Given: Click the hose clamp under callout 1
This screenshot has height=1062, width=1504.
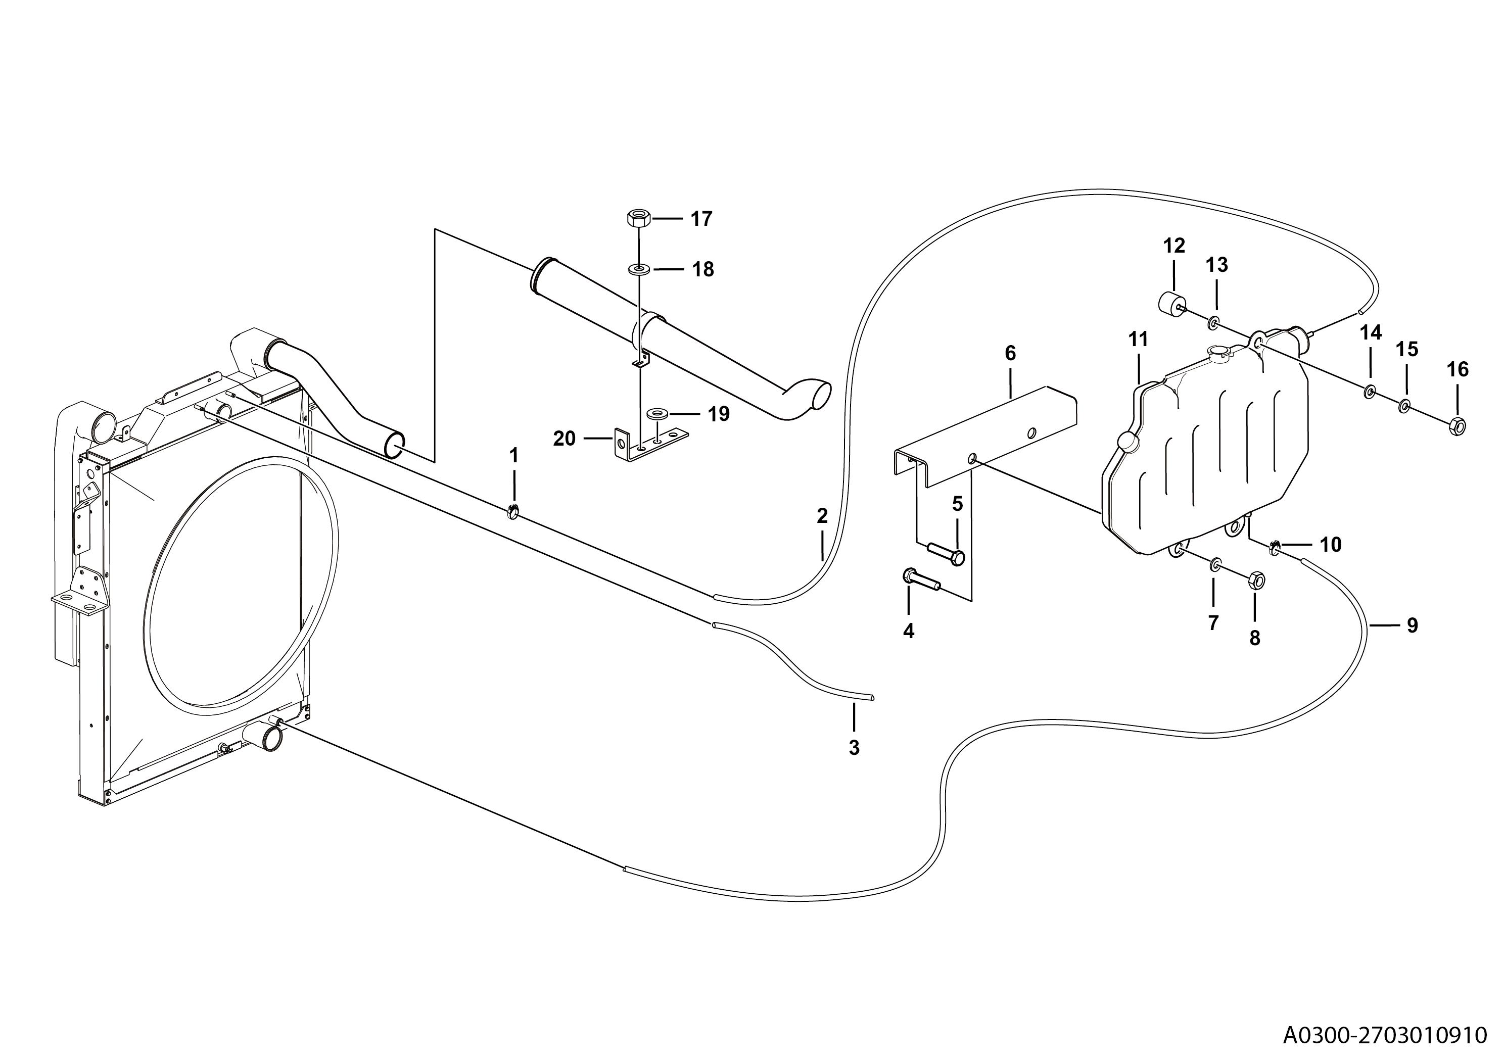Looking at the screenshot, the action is pyautogui.click(x=513, y=511).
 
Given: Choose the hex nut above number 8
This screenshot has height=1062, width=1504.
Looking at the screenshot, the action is pyautogui.click(x=1256, y=580).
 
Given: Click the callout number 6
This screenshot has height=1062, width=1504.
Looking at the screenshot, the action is pyautogui.click(x=1010, y=354).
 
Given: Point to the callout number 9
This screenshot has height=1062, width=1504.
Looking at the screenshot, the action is pyautogui.click(x=1413, y=626).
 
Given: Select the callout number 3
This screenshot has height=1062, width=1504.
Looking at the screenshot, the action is pyautogui.click(x=854, y=748).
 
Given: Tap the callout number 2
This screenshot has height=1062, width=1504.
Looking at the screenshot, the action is pyautogui.click(x=822, y=516).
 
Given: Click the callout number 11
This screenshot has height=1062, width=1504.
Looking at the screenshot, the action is pyautogui.click(x=1139, y=339).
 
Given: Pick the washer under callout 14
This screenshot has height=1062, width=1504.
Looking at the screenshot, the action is pyautogui.click(x=1369, y=392).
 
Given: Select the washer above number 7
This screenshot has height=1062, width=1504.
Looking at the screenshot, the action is pyautogui.click(x=1214, y=564).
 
